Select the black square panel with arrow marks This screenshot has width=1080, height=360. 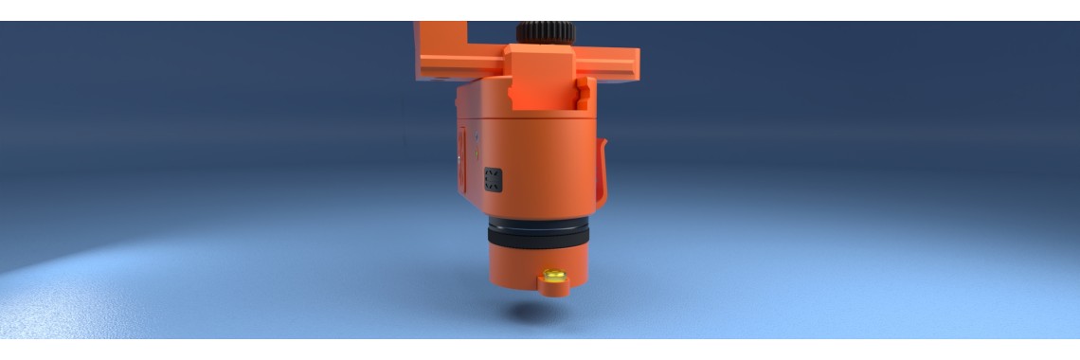point(493,179)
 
